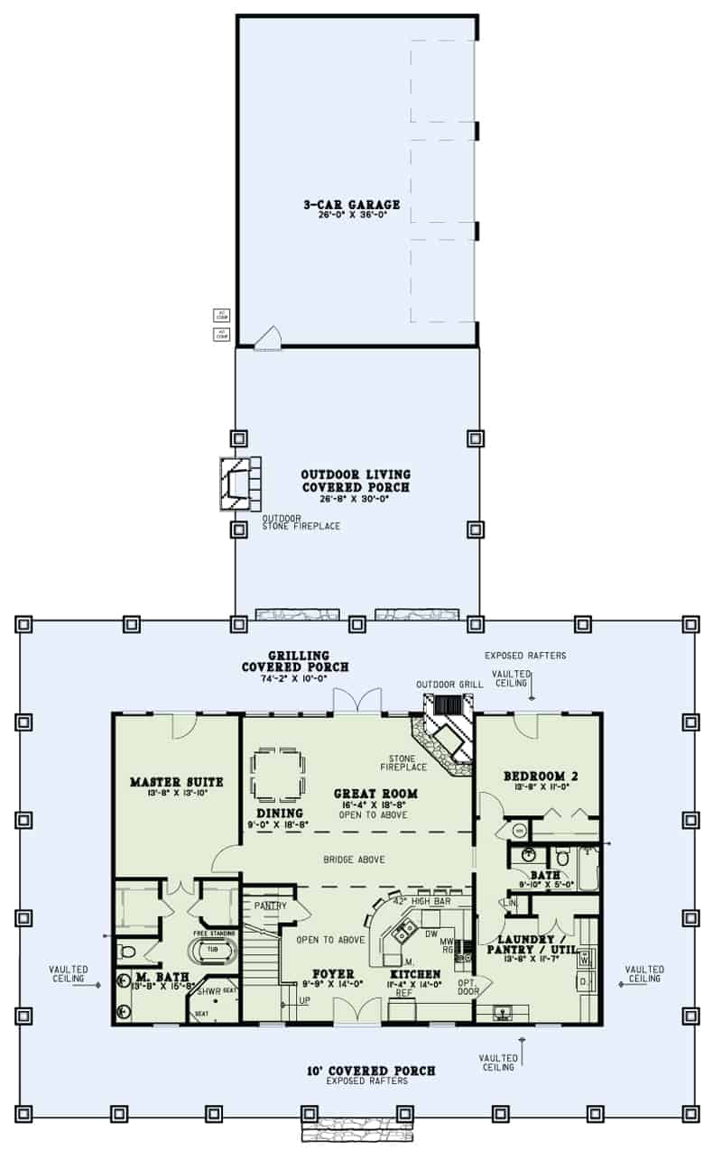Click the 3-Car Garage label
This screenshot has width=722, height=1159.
click(351, 206)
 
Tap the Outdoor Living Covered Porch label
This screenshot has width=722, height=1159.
click(356, 481)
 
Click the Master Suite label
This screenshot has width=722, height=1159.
click(176, 781)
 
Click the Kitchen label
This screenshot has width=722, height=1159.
click(416, 974)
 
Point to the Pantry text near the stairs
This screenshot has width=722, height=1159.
click(269, 905)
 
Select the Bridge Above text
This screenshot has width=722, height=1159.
click(355, 860)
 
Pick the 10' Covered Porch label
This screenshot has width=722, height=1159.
click(370, 1071)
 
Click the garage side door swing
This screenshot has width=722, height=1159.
click(268, 338)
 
